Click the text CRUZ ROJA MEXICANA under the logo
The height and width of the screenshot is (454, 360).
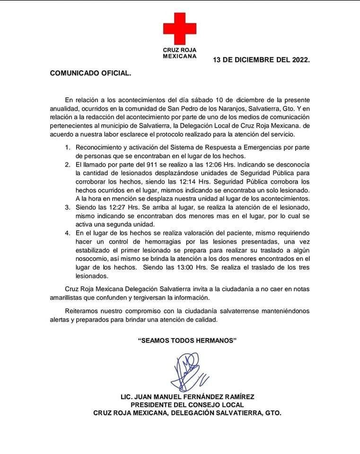(x=180, y=52)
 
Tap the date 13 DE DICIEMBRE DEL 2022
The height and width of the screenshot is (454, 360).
(x=261, y=60)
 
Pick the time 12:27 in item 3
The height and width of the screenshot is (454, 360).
(x=113, y=207)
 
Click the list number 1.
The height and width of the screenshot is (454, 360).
(x=68, y=148)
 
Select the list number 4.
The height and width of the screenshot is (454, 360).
(x=68, y=233)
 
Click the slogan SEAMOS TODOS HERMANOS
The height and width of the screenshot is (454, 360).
(x=186, y=340)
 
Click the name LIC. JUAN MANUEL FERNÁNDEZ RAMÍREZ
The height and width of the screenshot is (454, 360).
(x=187, y=396)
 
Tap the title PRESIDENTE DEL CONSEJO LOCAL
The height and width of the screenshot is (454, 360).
(x=187, y=404)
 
